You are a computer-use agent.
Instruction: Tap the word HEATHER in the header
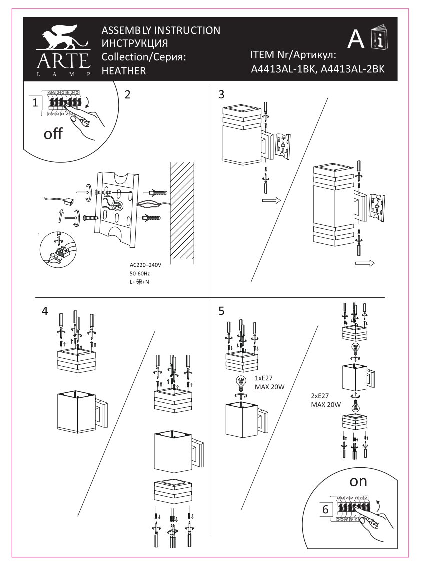click(123, 71)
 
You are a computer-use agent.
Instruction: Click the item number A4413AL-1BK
click(282, 70)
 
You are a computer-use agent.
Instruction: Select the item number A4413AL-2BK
click(352, 70)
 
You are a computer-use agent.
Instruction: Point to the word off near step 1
click(53, 134)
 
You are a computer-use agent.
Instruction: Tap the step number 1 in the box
click(35, 103)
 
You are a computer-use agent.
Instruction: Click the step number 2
click(128, 94)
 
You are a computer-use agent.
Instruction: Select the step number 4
click(45, 311)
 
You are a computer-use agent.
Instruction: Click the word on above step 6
click(358, 481)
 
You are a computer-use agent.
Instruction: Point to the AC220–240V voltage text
click(146, 265)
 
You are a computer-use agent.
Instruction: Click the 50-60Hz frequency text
click(140, 274)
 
